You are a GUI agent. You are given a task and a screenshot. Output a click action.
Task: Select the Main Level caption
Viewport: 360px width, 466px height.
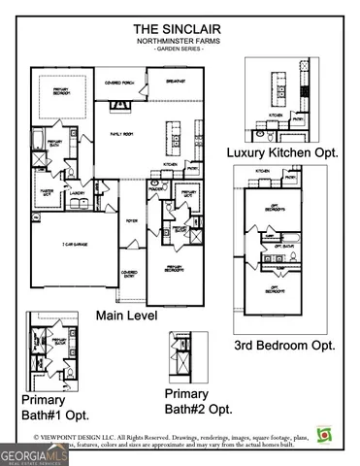click(x=128, y=316)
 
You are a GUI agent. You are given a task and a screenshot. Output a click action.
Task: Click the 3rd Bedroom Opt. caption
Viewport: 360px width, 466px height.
click(x=285, y=344)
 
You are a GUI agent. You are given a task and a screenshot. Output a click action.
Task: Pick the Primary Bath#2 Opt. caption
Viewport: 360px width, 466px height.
click(x=198, y=401)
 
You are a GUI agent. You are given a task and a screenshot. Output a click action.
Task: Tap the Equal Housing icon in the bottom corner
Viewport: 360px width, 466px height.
click(x=323, y=434)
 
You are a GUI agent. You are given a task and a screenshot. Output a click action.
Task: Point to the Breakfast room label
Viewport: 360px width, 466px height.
click(x=175, y=82)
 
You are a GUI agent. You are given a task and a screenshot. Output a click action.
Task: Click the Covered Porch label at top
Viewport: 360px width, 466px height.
click(x=120, y=83)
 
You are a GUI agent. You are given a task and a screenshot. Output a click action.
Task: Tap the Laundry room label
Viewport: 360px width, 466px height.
click(x=78, y=194)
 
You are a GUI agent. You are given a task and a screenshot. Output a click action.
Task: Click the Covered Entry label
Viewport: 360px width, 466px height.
click(x=127, y=275)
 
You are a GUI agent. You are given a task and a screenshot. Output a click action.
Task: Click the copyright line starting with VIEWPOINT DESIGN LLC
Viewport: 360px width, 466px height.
click(x=180, y=438)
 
